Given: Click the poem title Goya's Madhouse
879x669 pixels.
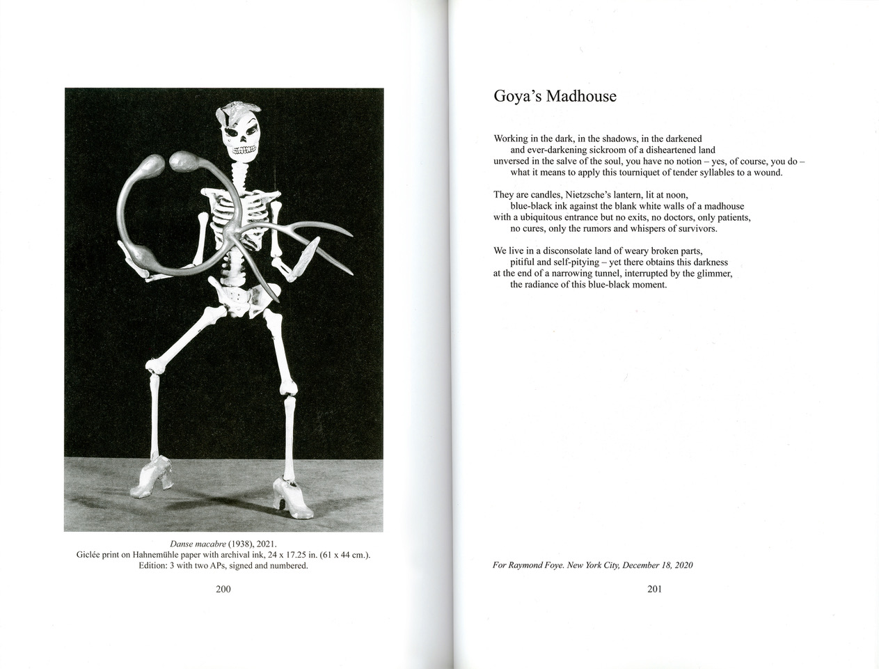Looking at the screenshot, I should pos(555,96).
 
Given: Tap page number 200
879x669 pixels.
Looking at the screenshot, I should pos(223,589).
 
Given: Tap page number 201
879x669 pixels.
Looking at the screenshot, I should pos(654,589).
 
